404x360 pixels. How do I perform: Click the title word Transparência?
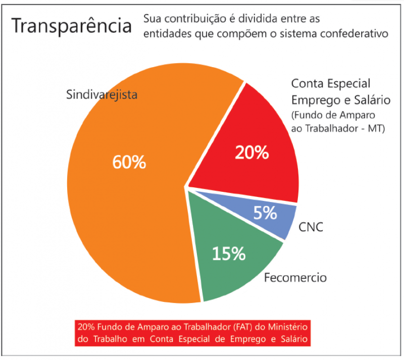[x=71, y=27]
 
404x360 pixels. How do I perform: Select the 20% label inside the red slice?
[x=251, y=152]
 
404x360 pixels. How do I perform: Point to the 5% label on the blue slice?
[x=266, y=213]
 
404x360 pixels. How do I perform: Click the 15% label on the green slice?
[x=228, y=253]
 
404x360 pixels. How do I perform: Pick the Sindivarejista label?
[x=102, y=95]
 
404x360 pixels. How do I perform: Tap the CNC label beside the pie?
[x=311, y=228]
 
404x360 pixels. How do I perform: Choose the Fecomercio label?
[x=295, y=278]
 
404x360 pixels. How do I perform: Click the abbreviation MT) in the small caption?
[x=376, y=128]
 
